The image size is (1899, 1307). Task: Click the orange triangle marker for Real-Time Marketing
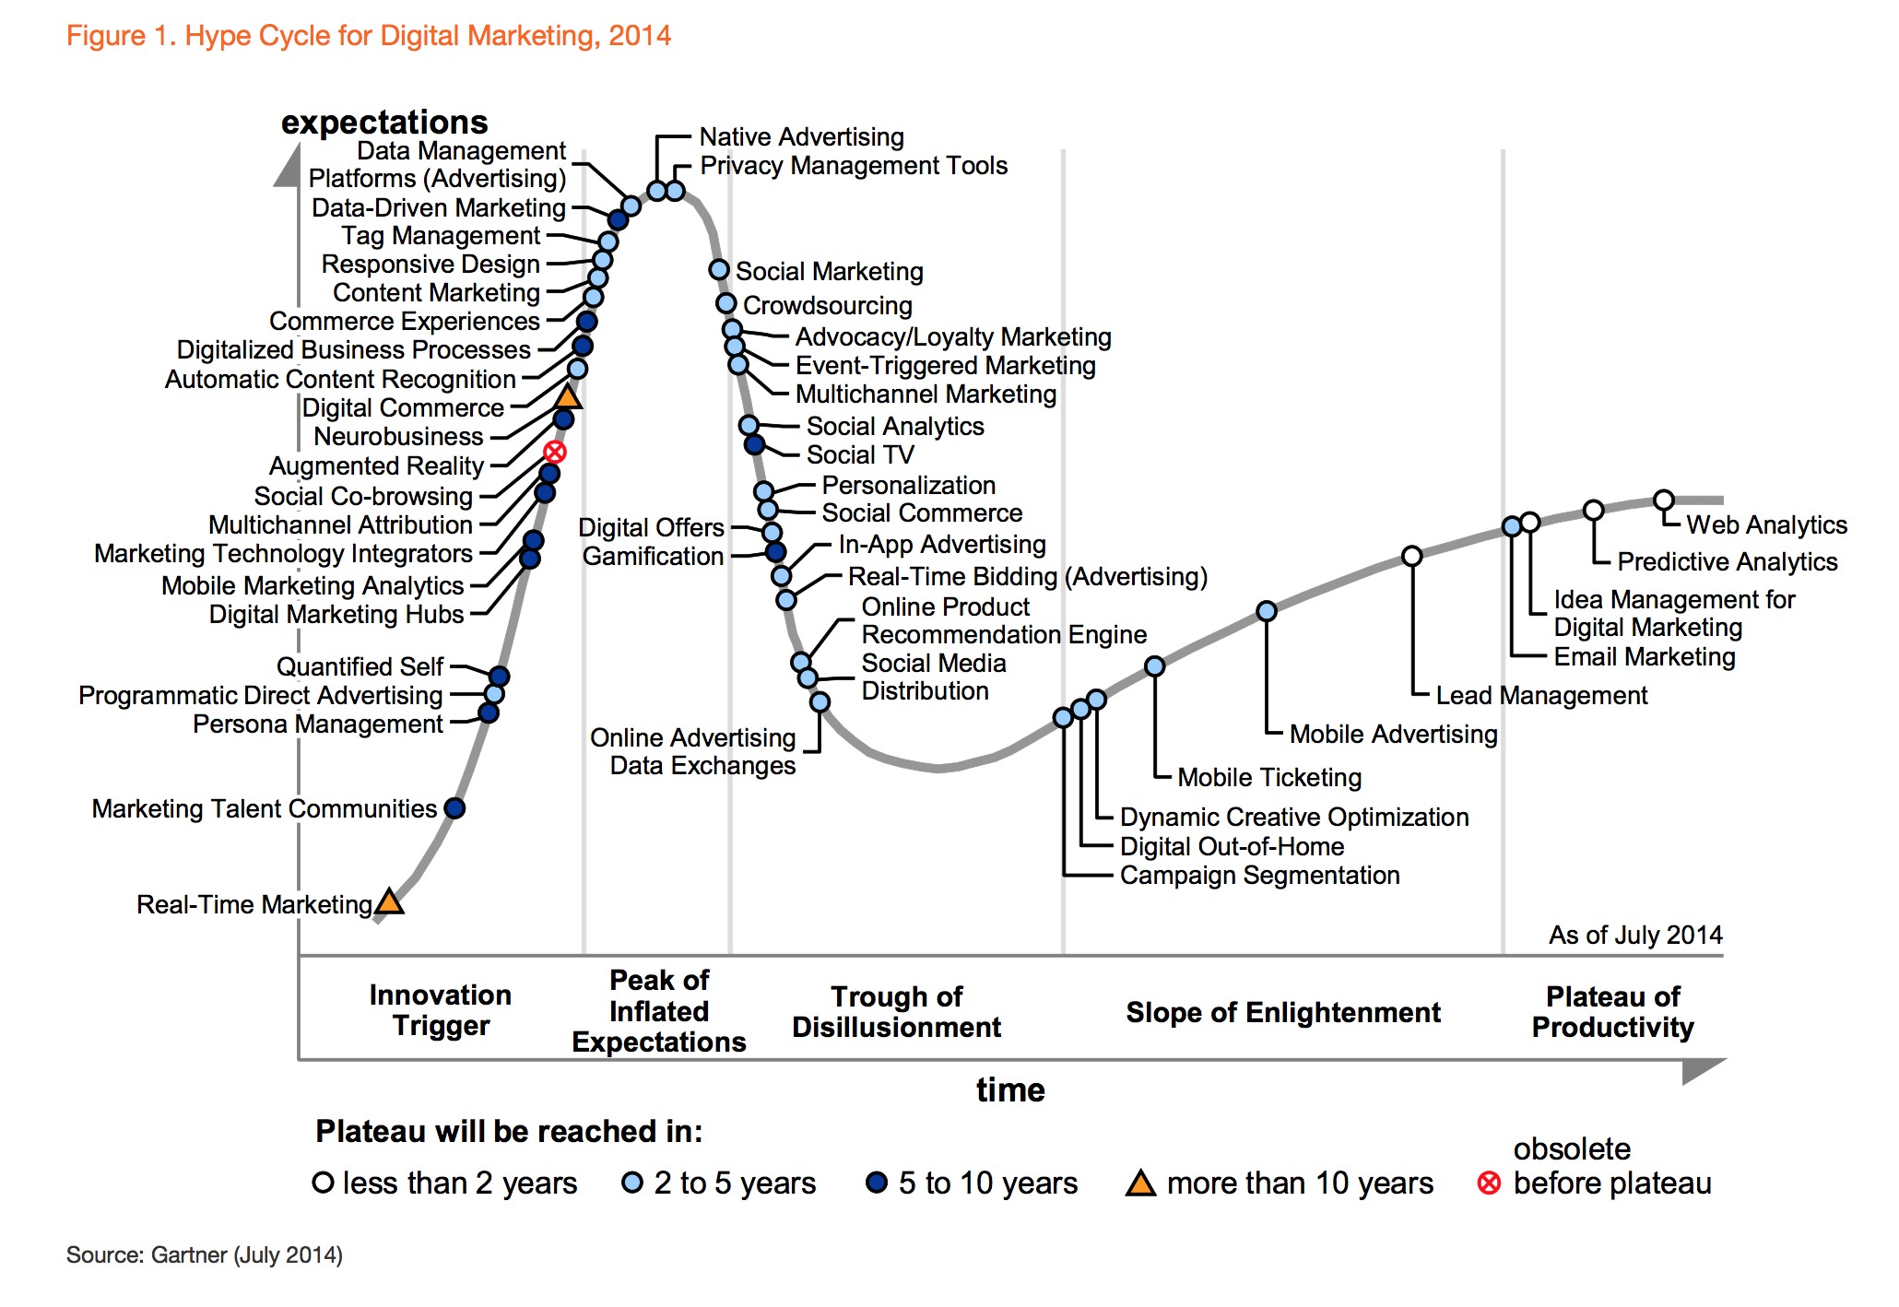click(x=390, y=901)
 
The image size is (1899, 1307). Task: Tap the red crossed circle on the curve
click(x=554, y=452)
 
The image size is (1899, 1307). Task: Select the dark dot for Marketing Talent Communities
click(x=454, y=808)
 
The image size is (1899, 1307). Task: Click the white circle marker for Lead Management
click(x=1411, y=556)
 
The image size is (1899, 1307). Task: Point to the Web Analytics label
click(x=1766, y=525)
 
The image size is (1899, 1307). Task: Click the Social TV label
click(x=859, y=455)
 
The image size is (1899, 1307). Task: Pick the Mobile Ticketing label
click(x=1269, y=778)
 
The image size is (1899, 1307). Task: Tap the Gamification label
click(x=653, y=557)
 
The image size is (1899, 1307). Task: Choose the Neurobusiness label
click(x=398, y=437)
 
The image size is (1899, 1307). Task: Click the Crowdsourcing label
click(x=827, y=305)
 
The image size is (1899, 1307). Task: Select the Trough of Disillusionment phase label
click(x=896, y=1012)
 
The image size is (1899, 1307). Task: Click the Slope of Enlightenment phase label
click(x=1282, y=1012)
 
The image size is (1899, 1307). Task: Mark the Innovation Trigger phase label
click(x=441, y=1010)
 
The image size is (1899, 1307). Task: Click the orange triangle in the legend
click(x=1140, y=1183)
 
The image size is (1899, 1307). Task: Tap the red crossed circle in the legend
click(x=1489, y=1183)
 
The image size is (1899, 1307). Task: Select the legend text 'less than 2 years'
click(x=459, y=1183)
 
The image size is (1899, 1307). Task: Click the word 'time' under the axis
click(x=1010, y=1090)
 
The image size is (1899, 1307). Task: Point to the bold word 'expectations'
click(x=384, y=123)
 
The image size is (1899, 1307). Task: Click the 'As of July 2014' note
click(x=1635, y=936)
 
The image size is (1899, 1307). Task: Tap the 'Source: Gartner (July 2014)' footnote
click(x=205, y=1255)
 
